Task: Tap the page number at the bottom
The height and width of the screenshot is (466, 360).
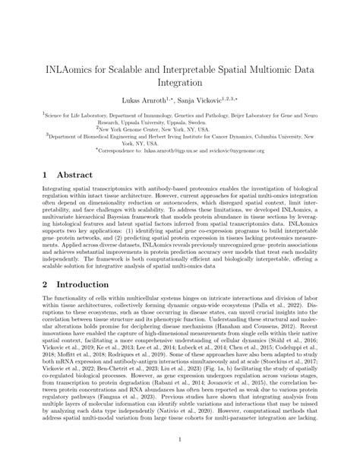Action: tap(180, 438)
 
